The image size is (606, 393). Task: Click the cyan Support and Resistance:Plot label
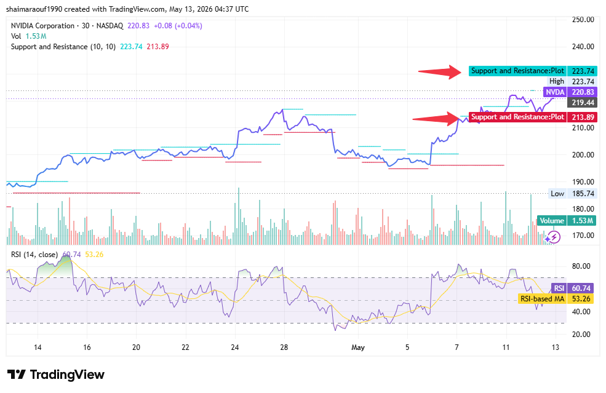[x=517, y=71]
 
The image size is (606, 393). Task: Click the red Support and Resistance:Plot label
[x=517, y=117]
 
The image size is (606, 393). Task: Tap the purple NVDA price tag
[x=554, y=92]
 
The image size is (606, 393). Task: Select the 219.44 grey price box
[x=583, y=103]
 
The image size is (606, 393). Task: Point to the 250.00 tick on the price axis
[x=583, y=20]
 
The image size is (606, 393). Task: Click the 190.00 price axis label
[x=583, y=181]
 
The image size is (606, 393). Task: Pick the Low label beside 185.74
[x=557, y=194]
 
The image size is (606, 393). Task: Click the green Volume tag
[x=551, y=221]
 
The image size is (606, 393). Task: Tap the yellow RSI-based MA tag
[x=542, y=299]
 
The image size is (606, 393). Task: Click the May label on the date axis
[x=358, y=347]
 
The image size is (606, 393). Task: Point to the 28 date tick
[x=284, y=347]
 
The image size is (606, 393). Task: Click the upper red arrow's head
[x=461, y=71]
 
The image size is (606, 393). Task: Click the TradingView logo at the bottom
[x=56, y=375]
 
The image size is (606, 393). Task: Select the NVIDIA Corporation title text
[x=42, y=26]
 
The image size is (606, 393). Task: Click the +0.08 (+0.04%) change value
[x=178, y=26]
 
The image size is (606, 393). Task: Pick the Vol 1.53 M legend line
[x=28, y=36]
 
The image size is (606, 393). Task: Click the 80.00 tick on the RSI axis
[x=581, y=266]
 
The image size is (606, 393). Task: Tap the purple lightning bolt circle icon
[x=554, y=237]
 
